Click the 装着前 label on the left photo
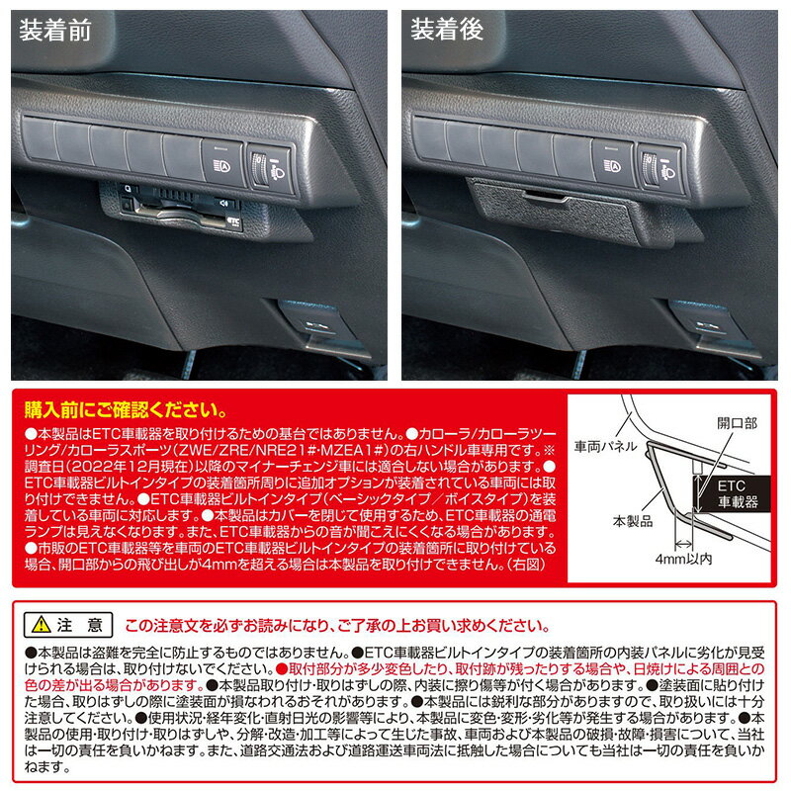[x=55, y=31]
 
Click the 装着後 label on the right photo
[x=447, y=30]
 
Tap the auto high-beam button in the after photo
[x=613, y=163]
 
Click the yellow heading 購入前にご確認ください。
[x=126, y=410]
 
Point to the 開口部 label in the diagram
[x=737, y=423]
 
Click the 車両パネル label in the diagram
[x=605, y=446]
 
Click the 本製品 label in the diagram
[x=633, y=521]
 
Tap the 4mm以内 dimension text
[x=683, y=559]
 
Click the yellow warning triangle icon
[x=41, y=626]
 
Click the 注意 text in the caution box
[x=80, y=626]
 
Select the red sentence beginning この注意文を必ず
[x=337, y=626]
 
